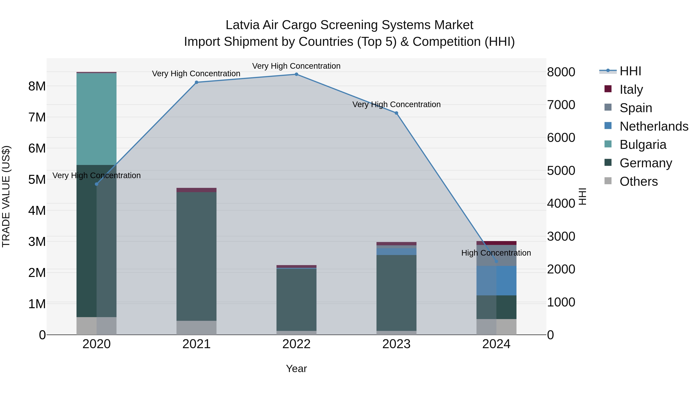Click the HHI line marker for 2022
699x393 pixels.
[296, 74]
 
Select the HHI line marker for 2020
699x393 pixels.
[97, 184]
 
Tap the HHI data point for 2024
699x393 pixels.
[496, 261]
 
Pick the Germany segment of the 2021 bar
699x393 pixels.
[196, 256]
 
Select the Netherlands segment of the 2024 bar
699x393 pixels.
[496, 281]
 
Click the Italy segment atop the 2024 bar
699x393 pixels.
[496, 243]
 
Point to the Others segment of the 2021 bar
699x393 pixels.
[196, 328]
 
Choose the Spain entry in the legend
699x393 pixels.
[636, 108]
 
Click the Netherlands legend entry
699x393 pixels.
[654, 126]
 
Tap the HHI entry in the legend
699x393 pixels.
[630, 71]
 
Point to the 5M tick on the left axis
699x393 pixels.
[37, 180]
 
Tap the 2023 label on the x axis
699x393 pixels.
[396, 344]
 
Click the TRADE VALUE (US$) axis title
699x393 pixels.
[6, 196]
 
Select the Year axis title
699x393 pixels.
[296, 369]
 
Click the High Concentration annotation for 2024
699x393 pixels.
[496, 253]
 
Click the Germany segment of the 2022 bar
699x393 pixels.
[296, 300]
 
